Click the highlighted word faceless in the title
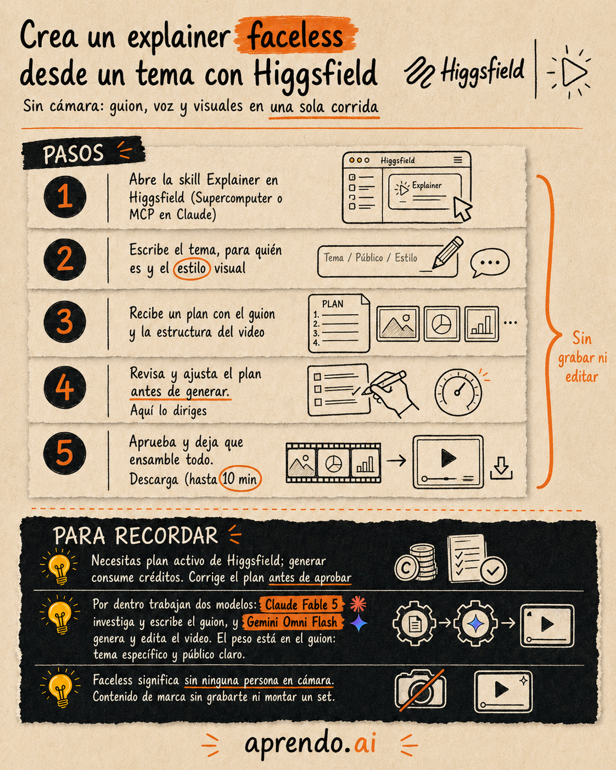click(295, 36)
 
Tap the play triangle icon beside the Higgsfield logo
click(573, 71)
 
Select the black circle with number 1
click(65, 197)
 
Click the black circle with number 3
click(65, 321)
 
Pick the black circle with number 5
click(65, 453)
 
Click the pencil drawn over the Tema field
click(447, 252)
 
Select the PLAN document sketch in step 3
click(339, 323)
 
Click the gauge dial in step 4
click(458, 392)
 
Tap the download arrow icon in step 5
click(501, 468)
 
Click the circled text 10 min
click(240, 478)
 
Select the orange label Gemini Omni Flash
click(292, 622)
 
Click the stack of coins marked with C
click(416, 563)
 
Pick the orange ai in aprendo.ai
click(365, 743)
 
